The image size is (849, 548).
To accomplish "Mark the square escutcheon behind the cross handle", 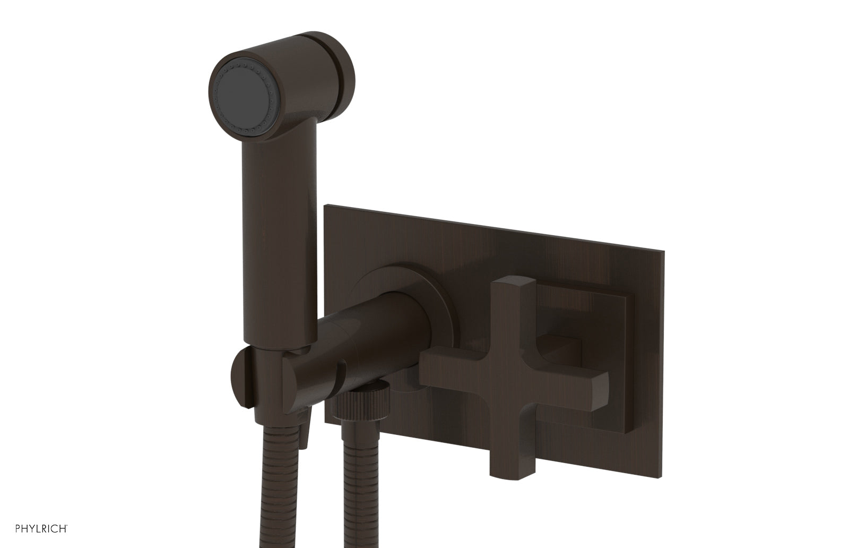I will coord(610,319).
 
